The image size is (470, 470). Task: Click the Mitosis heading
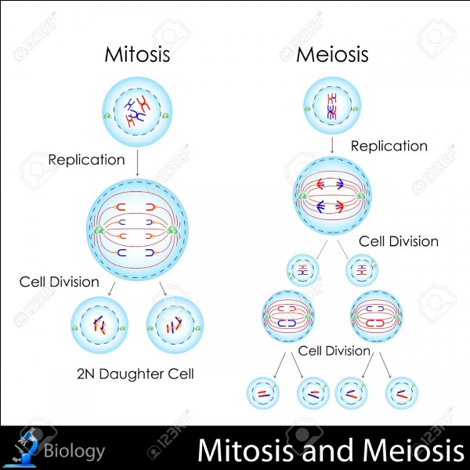pos(137,54)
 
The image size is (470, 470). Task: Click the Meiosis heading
pos(332,54)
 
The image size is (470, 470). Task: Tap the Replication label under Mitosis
pos(86,160)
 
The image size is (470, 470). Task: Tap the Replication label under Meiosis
pos(389,146)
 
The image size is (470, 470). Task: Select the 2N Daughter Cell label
pos(136,374)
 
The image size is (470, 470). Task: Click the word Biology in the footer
pos(74,450)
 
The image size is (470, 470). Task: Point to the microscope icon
pos(23,447)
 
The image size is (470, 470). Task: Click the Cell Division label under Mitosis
pos(59,282)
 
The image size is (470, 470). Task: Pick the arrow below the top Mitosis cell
pos(138,163)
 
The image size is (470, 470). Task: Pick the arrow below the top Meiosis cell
pos(332,146)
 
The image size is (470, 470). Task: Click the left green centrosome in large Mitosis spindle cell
pos(99,230)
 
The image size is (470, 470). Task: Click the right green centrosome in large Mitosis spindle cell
pos(172,230)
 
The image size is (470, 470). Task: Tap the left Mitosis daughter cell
pos(99,324)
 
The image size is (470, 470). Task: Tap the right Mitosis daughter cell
pos(175,324)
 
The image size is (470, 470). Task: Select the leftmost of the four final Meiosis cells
pos(263,393)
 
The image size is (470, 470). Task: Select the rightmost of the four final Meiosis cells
pos(401,393)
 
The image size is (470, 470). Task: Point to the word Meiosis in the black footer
pos(413,450)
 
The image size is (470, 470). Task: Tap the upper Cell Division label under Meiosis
pos(399,241)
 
